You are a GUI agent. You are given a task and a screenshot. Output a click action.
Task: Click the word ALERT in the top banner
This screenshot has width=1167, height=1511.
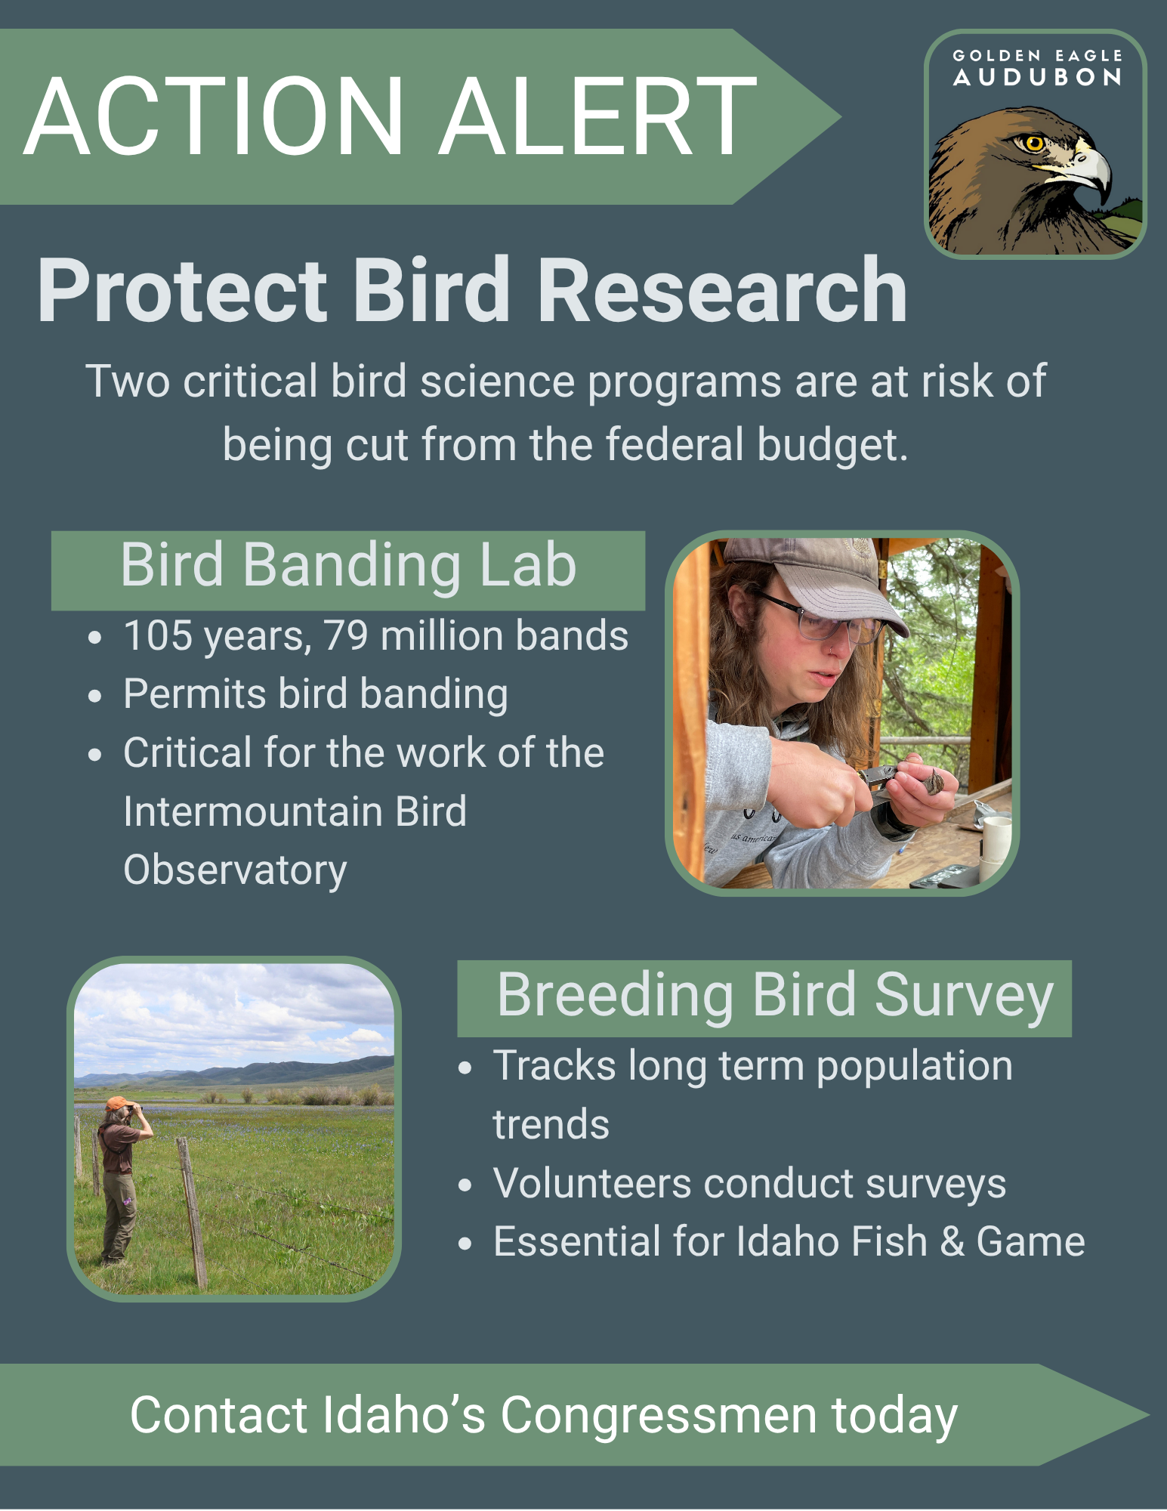pos(598,116)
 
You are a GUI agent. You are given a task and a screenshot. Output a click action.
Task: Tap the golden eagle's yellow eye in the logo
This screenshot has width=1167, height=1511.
pos(1034,142)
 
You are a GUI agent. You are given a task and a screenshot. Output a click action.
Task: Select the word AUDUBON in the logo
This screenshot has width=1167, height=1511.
pos(1037,77)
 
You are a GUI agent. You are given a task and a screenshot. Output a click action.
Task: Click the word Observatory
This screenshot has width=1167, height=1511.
pos(235,870)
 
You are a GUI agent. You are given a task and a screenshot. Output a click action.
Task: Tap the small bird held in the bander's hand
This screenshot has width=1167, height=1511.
pos(934,781)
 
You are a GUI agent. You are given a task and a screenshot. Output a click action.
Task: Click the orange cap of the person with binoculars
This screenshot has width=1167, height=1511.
pos(117,1103)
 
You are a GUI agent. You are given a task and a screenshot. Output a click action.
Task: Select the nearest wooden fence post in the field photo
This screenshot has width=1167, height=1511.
pos(192,1213)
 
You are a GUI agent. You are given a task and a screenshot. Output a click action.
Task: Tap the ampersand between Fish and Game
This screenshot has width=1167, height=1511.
pos(952,1242)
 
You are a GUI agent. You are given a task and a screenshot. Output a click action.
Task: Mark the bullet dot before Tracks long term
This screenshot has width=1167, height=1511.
pos(465,1068)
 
